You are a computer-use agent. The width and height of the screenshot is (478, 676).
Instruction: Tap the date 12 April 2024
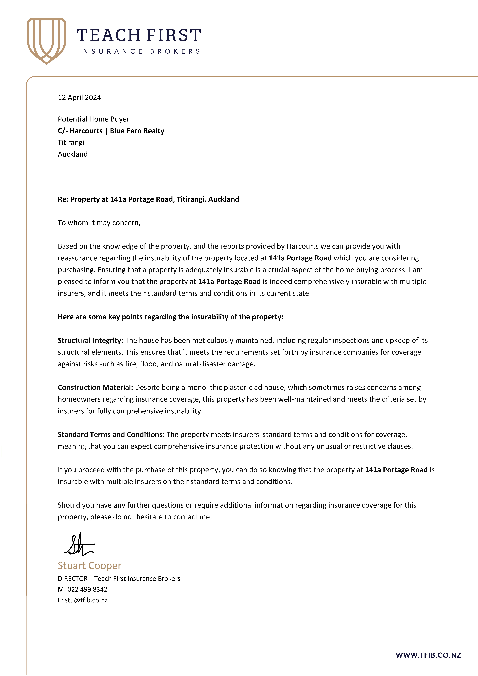[79, 97]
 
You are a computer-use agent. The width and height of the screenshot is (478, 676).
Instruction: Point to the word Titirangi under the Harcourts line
[71, 143]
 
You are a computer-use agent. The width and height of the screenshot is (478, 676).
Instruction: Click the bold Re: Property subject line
[148, 199]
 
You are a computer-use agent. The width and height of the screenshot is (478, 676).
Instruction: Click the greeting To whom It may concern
[99, 223]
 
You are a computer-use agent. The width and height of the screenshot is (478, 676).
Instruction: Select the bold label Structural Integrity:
[90, 340]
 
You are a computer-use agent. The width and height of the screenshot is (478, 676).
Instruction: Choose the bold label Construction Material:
[95, 387]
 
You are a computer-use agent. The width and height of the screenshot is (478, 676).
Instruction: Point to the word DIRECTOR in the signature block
[72, 579]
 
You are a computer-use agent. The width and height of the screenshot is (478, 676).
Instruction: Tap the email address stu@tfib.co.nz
[86, 600]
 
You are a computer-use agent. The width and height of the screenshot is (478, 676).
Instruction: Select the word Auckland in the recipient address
[72, 154]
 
